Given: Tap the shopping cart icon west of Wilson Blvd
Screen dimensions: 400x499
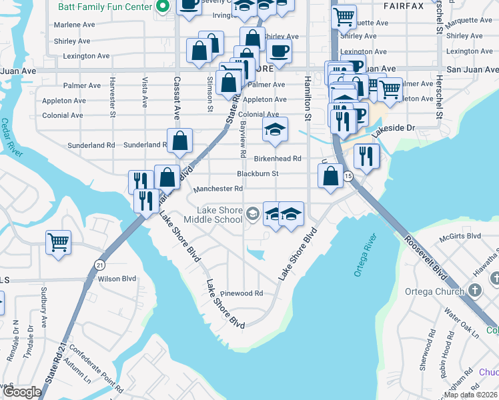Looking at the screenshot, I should coord(58,241).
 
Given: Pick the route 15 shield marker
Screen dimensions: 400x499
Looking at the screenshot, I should coord(348,176).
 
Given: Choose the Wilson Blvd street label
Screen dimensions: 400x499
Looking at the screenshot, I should coord(117,279).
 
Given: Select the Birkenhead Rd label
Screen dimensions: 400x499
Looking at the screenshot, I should coord(278,159).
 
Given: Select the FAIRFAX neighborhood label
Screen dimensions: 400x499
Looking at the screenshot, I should coord(404,5).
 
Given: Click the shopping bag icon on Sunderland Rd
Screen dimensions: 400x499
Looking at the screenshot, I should coord(180,141).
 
